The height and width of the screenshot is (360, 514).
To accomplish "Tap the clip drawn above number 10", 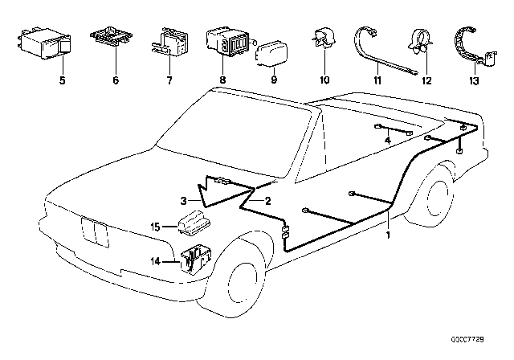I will [323, 39].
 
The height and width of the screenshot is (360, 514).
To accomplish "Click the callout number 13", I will [475, 81].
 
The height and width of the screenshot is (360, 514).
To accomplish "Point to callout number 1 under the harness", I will [389, 236].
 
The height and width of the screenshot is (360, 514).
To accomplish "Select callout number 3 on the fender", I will [184, 201].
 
